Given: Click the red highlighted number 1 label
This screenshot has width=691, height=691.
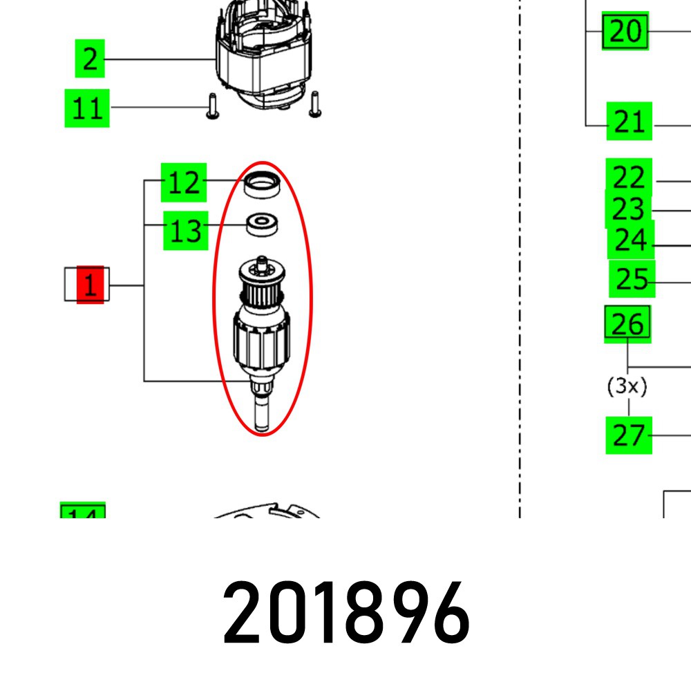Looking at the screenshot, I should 90,285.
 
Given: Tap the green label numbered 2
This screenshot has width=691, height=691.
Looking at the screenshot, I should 90,59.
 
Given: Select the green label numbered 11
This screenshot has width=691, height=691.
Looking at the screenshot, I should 87,108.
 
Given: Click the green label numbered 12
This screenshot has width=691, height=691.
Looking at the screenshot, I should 184,183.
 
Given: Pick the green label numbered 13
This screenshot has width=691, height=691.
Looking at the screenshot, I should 185,230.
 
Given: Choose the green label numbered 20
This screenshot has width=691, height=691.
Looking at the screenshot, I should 626,31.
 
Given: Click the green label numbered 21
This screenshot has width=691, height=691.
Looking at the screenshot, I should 629,122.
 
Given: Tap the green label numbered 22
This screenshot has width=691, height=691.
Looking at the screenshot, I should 629,178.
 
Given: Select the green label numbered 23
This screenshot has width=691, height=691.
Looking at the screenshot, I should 628,209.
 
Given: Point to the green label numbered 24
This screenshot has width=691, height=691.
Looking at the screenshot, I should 630,240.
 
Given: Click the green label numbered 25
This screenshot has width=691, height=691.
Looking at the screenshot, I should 632,279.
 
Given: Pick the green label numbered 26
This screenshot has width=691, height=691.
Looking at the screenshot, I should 627,323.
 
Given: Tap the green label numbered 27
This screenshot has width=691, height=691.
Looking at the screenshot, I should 629,435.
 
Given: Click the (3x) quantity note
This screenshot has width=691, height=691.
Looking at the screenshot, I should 627,387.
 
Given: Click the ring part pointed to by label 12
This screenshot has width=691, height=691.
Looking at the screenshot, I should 263,184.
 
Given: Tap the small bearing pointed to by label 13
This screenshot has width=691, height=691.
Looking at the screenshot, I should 263,224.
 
